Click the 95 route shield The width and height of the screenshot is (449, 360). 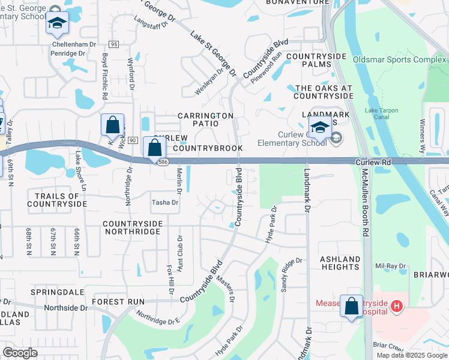coord(114,44)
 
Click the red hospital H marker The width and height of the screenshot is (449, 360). coord(396,307)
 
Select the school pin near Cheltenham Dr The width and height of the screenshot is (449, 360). coord(57,23)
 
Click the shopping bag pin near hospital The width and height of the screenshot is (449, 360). coord(351,305)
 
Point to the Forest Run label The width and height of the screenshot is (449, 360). coord(118,302)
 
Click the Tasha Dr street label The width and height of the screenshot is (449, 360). coord(165,203)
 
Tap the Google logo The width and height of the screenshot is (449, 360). coord(20,353)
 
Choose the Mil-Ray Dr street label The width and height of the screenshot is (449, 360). coord(390,266)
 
